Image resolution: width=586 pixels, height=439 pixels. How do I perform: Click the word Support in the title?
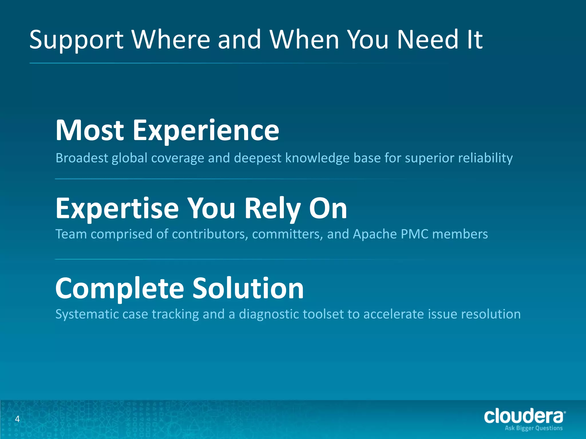click(x=76, y=40)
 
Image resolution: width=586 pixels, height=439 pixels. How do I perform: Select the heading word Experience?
click(x=206, y=131)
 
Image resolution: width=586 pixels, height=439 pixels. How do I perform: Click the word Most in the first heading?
click(x=90, y=131)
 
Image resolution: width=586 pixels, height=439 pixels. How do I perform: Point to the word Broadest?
click(x=82, y=158)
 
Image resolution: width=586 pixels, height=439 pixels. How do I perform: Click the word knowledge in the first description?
click(x=317, y=158)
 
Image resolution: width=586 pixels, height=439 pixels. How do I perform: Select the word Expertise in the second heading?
click(x=117, y=209)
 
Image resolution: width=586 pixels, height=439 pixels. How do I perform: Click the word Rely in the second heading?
click(x=272, y=209)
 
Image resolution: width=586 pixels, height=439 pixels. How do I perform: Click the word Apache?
click(x=375, y=234)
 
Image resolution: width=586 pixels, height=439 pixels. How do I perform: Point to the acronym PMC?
click(x=414, y=234)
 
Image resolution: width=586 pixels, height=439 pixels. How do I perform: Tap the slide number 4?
click(x=17, y=419)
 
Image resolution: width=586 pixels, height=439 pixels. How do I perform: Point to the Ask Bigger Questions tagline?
click(x=534, y=428)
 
